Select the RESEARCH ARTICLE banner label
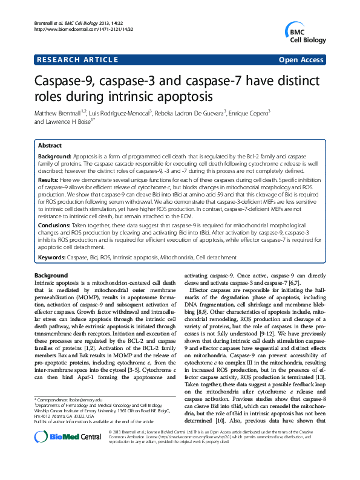[77, 60]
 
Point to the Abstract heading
[50, 146]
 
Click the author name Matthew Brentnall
[65, 113]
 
